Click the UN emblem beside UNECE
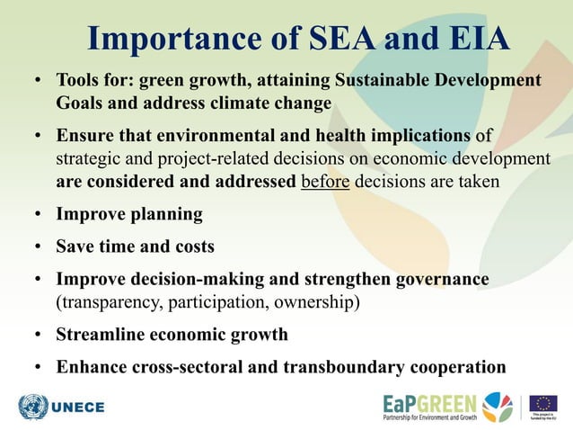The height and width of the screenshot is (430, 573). [x=33, y=407]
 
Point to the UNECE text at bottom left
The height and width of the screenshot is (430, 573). [x=78, y=408]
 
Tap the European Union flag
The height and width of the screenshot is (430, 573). [x=542, y=402]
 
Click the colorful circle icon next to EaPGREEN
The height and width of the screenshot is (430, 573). [x=497, y=406]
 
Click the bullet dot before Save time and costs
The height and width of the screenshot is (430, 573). [x=40, y=246]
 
